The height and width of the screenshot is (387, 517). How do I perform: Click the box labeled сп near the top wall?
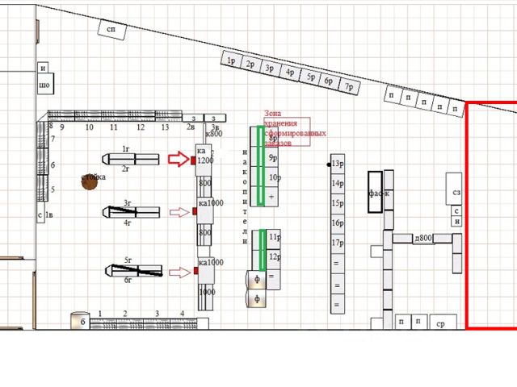(112, 30)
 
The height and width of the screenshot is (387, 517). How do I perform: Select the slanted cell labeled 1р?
(231, 60)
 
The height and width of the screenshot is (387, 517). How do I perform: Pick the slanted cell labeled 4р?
(290, 73)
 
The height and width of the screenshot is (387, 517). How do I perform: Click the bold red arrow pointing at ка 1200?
(179, 159)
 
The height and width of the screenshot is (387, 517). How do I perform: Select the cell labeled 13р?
(337, 164)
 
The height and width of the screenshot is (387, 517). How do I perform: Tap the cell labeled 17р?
(337, 243)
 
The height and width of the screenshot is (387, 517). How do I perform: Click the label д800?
(422, 238)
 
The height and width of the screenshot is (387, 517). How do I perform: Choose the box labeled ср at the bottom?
(441, 323)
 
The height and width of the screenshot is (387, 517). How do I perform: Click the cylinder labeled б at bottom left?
(80, 321)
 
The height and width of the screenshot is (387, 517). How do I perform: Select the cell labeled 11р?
(275, 237)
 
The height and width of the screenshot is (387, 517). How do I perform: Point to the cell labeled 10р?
(275, 177)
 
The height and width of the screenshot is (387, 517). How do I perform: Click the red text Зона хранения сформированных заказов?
(287, 127)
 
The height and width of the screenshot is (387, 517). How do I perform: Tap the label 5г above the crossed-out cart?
(128, 260)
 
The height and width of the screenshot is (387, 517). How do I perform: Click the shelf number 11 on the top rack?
(114, 127)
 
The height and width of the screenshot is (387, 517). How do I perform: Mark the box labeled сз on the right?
(456, 193)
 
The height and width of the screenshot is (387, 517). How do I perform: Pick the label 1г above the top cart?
(126, 149)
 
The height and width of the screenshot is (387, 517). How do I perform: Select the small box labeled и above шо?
(44, 69)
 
